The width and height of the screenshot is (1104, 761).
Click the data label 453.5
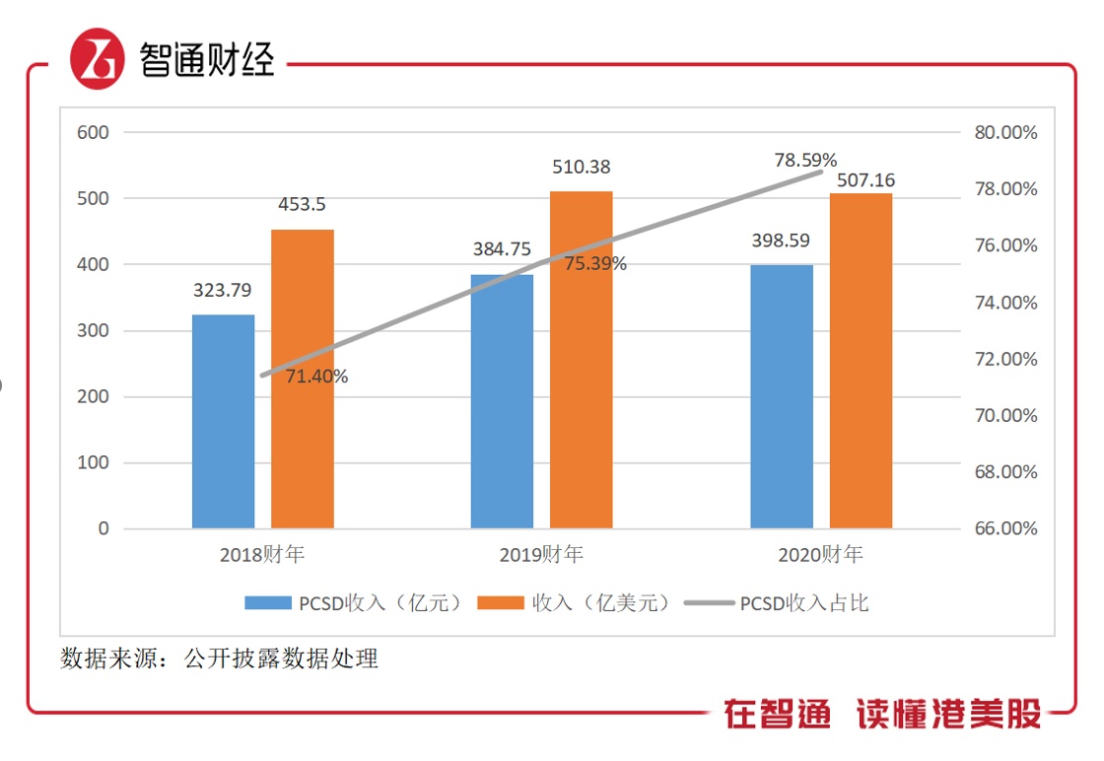tap(301, 205)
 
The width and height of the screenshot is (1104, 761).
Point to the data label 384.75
tap(503, 249)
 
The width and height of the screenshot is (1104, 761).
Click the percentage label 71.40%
tap(316, 376)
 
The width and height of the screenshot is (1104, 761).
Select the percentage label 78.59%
tap(805, 160)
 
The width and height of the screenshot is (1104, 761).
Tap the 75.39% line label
tap(595, 264)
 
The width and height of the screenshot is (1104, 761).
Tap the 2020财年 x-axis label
tap(820, 555)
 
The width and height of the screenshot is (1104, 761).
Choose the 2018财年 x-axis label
tap(262, 555)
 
